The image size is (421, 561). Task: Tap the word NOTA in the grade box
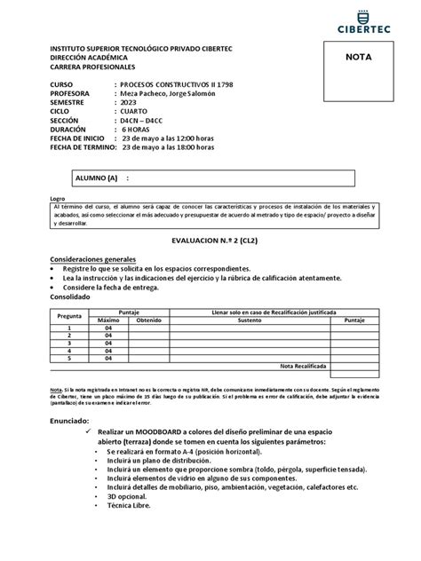pos(367,56)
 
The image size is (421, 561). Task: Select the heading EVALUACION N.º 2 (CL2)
pos(211,241)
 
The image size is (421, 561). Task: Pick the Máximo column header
pos(108,320)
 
